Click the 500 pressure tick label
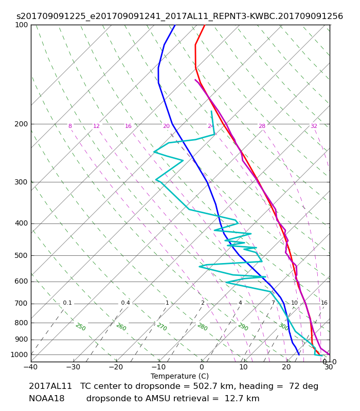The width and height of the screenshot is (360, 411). click(21, 255)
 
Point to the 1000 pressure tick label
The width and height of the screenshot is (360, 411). click(19, 355)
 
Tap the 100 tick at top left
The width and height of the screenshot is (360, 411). click(21, 25)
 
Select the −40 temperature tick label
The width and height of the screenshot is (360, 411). click(31, 367)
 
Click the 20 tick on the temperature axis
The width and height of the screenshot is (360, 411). click(286, 367)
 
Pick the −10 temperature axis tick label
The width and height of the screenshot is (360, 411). click(159, 367)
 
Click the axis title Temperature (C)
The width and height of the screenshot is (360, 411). click(179, 377)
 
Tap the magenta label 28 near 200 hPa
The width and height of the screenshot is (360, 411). click(262, 126)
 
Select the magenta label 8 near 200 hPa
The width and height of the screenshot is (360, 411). click(70, 126)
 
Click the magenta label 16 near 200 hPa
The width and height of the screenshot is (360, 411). click(128, 126)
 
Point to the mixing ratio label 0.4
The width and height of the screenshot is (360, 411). click(125, 303)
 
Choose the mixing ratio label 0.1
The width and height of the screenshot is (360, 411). click(67, 303)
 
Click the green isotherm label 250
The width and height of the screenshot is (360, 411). click(81, 327)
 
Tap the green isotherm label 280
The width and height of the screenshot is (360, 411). click(202, 327)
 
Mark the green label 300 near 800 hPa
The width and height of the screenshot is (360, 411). click(283, 327)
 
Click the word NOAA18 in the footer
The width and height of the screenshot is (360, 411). click(47, 399)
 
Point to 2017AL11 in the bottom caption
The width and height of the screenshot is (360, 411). click(50, 386)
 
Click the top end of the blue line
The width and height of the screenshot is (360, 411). click(175, 25)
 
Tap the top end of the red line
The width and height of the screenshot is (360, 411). click(205, 25)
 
